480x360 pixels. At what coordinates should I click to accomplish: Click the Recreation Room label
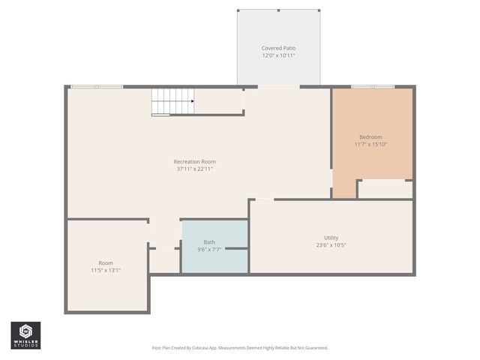click(x=194, y=161)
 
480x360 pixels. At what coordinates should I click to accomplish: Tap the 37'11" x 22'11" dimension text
click(x=194, y=169)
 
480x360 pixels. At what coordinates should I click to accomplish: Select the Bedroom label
click(x=370, y=136)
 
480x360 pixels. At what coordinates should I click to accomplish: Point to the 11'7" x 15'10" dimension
click(x=370, y=144)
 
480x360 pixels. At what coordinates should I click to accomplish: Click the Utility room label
click(x=331, y=237)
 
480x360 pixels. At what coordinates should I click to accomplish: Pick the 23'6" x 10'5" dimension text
click(x=331, y=244)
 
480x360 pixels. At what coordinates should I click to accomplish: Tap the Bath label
click(x=209, y=241)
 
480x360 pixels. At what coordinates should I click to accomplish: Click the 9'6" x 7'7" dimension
click(x=209, y=249)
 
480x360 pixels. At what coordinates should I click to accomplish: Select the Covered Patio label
click(x=278, y=48)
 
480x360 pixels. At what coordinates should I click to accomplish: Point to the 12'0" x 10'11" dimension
click(x=278, y=55)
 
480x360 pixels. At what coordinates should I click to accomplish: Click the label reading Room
click(x=106, y=262)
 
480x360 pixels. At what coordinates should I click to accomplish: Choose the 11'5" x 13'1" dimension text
click(x=106, y=270)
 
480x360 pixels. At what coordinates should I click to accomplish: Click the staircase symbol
click(x=171, y=101)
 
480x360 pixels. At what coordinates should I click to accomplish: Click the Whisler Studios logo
click(x=25, y=335)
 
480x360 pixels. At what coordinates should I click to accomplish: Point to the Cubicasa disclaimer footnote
click(x=240, y=348)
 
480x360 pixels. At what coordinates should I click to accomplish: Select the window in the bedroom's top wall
click(x=373, y=87)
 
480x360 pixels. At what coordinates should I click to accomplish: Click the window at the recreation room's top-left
click(x=97, y=87)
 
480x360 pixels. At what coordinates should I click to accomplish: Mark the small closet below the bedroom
click(x=385, y=189)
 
